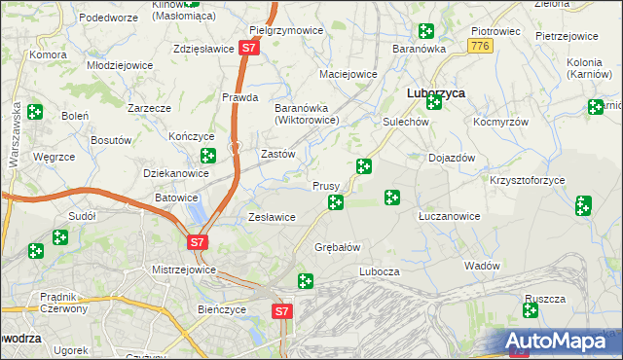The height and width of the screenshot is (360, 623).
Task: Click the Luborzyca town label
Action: pos(434,91)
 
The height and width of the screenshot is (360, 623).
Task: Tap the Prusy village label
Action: pos(325,185)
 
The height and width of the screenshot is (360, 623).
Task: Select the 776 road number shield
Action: pos(478,46)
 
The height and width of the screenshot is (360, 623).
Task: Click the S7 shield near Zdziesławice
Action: pos(250,47)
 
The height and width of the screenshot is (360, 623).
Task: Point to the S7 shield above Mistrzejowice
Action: pos(197,241)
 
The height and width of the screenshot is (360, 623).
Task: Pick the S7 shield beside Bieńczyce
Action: pos(281,311)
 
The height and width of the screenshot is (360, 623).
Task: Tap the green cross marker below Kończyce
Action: pos(207,156)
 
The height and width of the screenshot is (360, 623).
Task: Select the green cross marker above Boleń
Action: pos(35,112)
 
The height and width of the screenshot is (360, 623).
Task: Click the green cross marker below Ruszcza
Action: pos(531,310)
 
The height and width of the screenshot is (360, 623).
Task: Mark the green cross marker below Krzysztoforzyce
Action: pos(583,204)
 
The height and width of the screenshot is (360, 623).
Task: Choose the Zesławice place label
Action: pos(272,217)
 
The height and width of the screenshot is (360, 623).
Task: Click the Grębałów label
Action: pos(338,246)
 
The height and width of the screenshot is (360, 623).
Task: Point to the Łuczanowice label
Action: pos(449,216)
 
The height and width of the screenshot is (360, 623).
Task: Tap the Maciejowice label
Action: pos(348,74)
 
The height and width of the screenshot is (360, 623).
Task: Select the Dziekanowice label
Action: pos(176,173)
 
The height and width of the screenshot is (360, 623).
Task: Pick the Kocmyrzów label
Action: pos(499,124)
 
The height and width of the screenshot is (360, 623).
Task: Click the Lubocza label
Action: pos(380,271)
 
